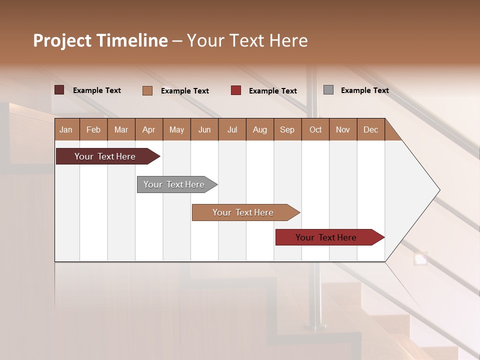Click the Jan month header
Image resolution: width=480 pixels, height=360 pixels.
pyautogui.click(x=66, y=129)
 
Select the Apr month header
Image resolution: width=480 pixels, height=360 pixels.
pyautogui.click(x=149, y=129)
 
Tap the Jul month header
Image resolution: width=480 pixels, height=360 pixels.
pyautogui.click(x=232, y=129)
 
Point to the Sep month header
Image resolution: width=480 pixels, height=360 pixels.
pyautogui.click(x=287, y=129)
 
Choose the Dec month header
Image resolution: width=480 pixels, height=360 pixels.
pyautogui.click(x=370, y=129)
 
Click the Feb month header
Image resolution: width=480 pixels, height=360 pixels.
pyautogui.click(x=93, y=129)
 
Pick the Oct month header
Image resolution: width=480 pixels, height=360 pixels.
pyautogui.click(x=315, y=129)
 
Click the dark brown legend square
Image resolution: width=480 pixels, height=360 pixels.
pyautogui.click(x=59, y=90)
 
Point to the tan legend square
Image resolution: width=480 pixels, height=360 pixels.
pyautogui.click(x=147, y=90)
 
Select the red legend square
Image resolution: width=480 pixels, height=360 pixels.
pyautogui.click(x=236, y=90)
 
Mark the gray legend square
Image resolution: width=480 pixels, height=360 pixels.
pyautogui.click(x=328, y=90)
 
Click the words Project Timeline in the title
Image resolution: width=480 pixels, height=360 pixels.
pyautogui.click(x=100, y=40)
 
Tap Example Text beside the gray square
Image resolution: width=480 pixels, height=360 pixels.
pyautogui.click(x=364, y=90)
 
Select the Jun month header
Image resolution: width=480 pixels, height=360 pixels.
pyautogui.click(x=204, y=129)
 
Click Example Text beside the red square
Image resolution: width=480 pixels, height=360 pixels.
pyautogui.click(x=272, y=91)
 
